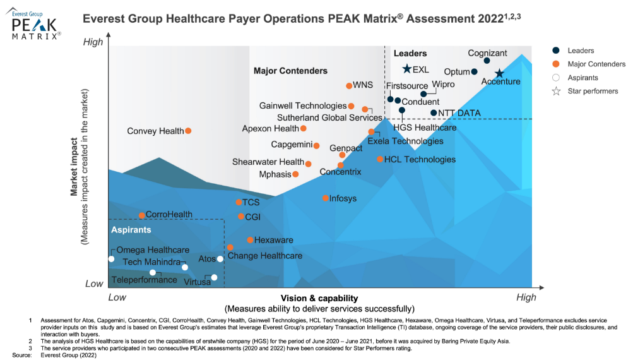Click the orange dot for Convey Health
point(188,131)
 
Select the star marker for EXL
point(407,69)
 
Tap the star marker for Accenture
point(499,74)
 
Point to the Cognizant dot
point(487,61)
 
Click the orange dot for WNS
point(349,86)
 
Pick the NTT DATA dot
point(434,113)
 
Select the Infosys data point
point(326,198)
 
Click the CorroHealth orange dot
point(142,215)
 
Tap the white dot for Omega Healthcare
point(112,259)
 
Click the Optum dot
point(475,71)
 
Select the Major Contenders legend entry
point(596,64)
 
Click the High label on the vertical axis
point(93,42)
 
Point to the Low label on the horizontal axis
point(117,297)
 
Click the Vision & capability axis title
point(319,297)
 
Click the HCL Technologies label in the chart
point(420,160)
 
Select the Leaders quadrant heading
point(410,54)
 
